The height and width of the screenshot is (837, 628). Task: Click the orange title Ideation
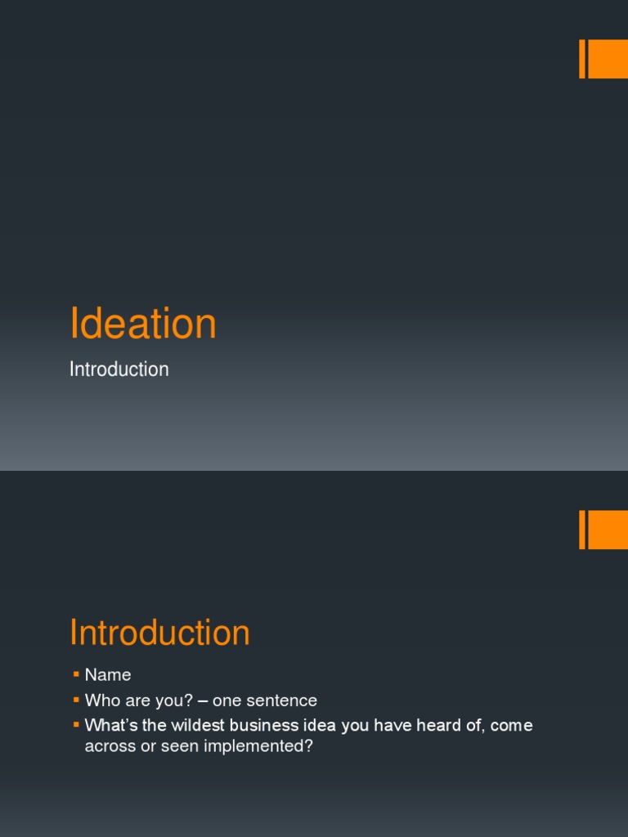point(143,324)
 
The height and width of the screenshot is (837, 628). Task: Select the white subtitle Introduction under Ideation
point(119,369)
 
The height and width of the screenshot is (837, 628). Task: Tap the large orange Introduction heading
point(159,633)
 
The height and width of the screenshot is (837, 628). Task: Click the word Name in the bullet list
point(108,675)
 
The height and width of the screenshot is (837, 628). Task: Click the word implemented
point(264,747)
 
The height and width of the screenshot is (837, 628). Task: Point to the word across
point(109,747)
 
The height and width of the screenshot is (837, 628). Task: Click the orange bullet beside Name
point(76,674)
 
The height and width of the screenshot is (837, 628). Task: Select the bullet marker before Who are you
point(76,700)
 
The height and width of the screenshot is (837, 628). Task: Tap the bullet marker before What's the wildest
point(76,725)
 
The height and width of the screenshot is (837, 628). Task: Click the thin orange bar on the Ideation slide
point(582,59)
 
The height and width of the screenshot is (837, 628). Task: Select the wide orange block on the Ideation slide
point(608,59)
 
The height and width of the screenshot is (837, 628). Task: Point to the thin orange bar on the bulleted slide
point(582,530)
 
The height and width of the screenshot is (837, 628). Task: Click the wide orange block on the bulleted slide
point(608,530)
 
